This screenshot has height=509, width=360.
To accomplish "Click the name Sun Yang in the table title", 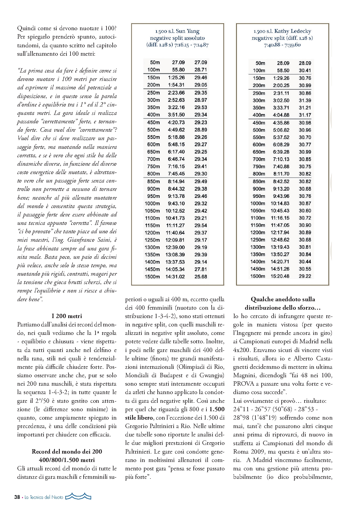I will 188,31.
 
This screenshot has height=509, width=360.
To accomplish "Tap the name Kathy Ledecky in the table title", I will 293,31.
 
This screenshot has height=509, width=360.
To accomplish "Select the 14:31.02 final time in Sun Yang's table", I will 175,277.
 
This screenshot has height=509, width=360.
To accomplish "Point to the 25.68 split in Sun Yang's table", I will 201,277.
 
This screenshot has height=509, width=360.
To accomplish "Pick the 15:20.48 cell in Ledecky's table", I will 280,276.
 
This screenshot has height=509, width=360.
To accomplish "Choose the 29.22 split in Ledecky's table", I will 305,276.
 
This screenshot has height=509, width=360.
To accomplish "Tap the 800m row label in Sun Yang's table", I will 153,174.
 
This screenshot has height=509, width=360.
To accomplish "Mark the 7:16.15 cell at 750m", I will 176,166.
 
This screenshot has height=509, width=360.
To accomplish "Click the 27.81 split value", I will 201,269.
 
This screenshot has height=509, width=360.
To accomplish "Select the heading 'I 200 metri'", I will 67,316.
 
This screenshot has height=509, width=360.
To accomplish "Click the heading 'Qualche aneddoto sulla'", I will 283,299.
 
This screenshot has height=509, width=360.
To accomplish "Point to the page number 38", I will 17,497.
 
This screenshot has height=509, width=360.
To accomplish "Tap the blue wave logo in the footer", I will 78,496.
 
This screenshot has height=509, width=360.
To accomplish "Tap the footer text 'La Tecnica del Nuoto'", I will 44,497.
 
